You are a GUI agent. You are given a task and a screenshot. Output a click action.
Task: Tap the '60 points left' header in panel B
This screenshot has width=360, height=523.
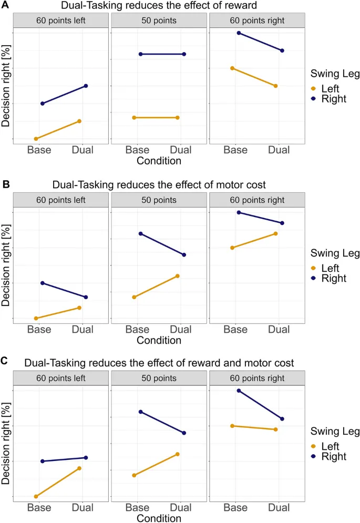(x=60, y=200)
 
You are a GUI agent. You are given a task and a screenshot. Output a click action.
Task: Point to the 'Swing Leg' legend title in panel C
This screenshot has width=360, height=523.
(x=335, y=432)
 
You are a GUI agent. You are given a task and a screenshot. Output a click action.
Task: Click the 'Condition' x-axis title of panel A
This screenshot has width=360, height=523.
(x=159, y=161)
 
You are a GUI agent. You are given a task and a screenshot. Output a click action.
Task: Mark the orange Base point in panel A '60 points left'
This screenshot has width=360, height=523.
(x=36, y=139)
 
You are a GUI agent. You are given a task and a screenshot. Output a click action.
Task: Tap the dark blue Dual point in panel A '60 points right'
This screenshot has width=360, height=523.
(x=282, y=50)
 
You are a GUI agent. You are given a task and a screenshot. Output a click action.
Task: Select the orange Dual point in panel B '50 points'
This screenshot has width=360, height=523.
(x=178, y=275)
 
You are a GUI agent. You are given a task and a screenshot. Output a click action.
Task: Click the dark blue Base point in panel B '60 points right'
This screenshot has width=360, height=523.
(x=239, y=212)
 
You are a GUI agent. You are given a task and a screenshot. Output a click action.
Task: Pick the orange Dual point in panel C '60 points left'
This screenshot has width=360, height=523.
(x=79, y=468)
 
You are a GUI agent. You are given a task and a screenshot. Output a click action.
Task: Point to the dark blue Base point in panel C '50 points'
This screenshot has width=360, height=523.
(x=140, y=412)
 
